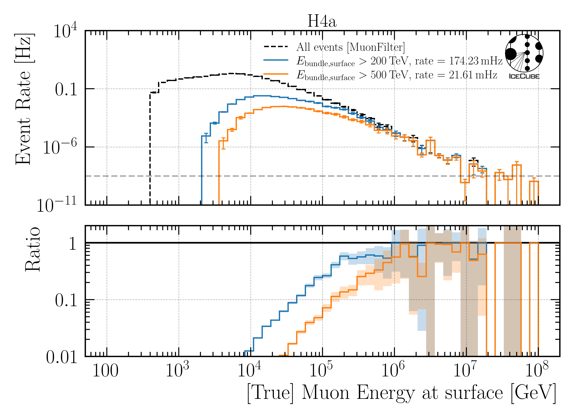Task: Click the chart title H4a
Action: (322, 22)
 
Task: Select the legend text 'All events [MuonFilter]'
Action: (350, 47)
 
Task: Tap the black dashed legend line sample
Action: (276, 46)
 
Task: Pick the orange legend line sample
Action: (276, 74)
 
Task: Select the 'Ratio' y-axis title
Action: (33, 249)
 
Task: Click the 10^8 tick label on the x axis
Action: (537, 370)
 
